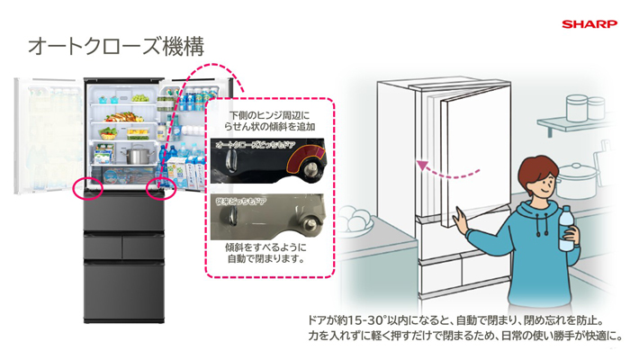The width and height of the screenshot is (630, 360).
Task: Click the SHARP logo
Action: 589,24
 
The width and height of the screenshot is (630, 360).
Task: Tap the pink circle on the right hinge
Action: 160,188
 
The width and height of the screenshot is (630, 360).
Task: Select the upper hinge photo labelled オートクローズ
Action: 267,160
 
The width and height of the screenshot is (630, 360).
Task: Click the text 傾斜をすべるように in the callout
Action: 267,245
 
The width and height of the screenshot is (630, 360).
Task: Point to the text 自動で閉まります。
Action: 267,258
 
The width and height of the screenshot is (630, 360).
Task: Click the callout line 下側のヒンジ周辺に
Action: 267,115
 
